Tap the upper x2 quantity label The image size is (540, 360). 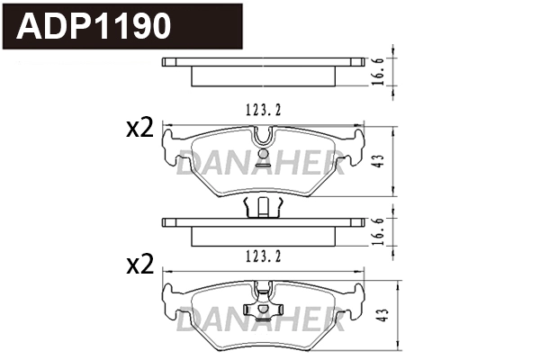point(139,129)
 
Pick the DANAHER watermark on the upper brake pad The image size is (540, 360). point(261,164)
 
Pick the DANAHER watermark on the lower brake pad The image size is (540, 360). point(261,319)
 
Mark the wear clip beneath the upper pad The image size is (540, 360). point(263,207)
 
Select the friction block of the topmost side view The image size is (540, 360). point(264,76)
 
